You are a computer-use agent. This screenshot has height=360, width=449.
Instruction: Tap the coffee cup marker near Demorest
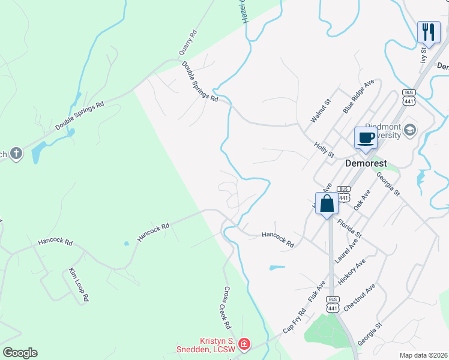(x=365, y=138)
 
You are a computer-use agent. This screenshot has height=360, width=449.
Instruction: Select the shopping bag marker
(x=327, y=203)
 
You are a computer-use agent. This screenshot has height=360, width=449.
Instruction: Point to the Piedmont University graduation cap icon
(x=410, y=130)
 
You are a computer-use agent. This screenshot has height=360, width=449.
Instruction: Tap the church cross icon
(x=16, y=154)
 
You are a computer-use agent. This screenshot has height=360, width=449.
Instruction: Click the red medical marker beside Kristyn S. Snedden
(x=244, y=344)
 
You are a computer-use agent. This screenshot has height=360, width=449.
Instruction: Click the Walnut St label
(x=321, y=111)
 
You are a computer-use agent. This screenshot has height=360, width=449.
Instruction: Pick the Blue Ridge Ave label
(x=358, y=95)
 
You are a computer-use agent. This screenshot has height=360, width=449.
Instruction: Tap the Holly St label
(x=324, y=150)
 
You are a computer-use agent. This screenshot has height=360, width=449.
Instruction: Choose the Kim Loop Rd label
(x=79, y=284)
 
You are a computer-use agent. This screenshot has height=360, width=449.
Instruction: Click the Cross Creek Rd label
(x=223, y=307)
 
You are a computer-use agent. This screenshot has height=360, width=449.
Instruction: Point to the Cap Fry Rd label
(x=294, y=321)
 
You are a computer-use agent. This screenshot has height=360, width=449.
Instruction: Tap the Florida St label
(x=349, y=227)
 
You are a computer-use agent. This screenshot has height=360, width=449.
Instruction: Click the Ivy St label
(x=423, y=55)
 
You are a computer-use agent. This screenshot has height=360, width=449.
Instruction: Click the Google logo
(x=20, y=353)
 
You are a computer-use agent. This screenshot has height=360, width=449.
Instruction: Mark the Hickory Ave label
(x=351, y=272)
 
